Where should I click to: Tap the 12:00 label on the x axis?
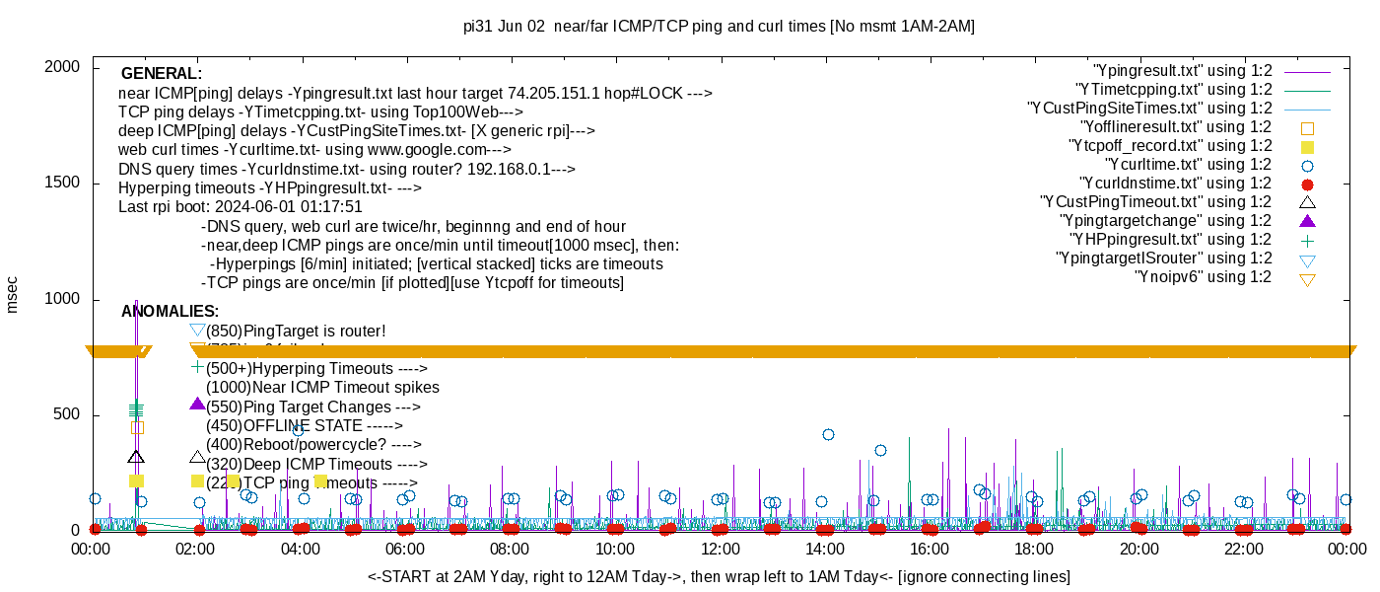tap(720, 550)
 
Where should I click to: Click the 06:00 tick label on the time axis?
tap(405, 550)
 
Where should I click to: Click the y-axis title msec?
tap(13, 295)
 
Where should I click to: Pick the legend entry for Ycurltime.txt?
tap(1188, 165)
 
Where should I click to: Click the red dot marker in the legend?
tap(1308, 185)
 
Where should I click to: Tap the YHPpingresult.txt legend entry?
tap(1172, 240)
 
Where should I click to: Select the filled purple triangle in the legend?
tap(1308, 221)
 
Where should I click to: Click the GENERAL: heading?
tap(162, 74)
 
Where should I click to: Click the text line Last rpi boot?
tap(241, 207)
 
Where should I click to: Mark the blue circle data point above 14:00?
tap(828, 434)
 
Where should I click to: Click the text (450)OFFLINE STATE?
tap(304, 426)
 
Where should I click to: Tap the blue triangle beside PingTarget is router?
tap(197, 331)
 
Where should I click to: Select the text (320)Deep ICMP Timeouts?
tap(315, 465)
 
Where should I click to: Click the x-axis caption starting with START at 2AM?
tap(719, 576)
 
